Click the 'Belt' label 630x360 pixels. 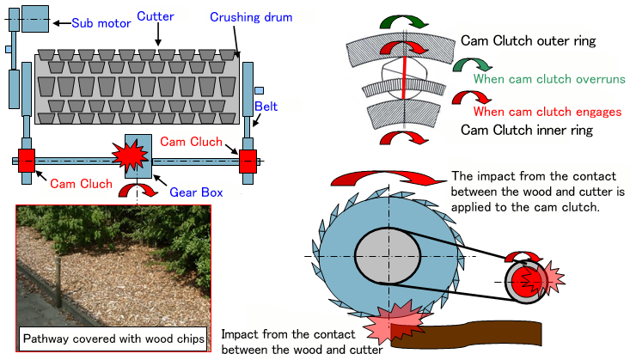[266, 107]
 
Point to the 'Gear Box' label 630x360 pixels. [195, 192]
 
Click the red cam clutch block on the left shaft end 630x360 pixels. [26, 160]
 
